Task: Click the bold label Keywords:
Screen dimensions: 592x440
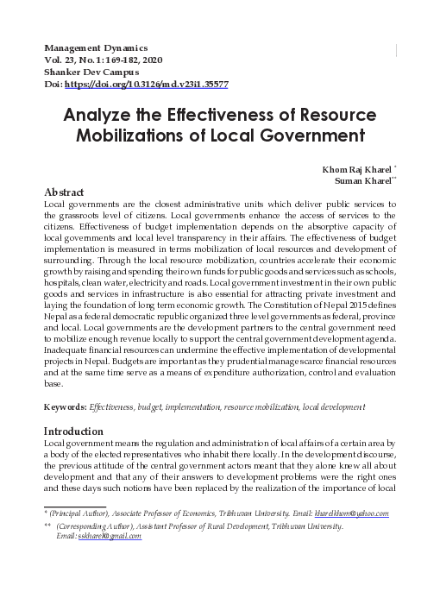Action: [x=65, y=406]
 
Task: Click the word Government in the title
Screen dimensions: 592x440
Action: [x=299, y=136]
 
